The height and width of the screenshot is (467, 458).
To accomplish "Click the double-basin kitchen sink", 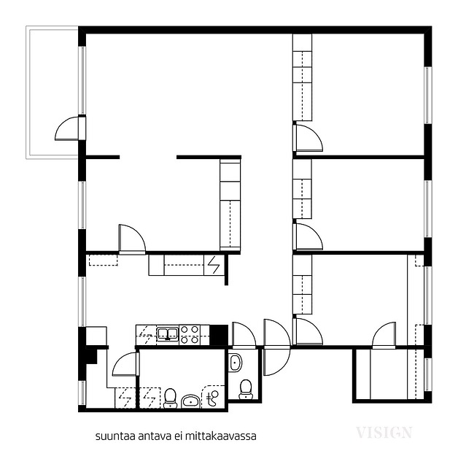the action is pos(168,333).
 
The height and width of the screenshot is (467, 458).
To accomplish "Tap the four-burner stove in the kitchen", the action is pos(190,335).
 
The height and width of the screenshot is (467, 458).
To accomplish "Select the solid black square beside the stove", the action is pos(219,335).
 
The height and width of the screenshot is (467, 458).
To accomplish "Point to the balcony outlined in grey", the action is pos(52,93).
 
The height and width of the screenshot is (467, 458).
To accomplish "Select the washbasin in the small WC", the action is pos(236,363).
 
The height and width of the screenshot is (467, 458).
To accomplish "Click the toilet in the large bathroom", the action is pos(170,398).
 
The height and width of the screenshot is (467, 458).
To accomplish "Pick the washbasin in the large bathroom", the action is pos(191,401).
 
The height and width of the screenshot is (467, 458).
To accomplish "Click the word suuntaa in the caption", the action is pos(112,436).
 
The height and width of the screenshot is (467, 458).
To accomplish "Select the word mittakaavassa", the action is pos(221,436).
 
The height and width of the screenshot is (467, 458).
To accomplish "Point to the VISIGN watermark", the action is pos(384,432).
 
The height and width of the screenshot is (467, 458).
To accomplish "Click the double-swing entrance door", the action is pos(276,347).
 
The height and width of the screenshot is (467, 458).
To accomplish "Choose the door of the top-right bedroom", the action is pos(308,138).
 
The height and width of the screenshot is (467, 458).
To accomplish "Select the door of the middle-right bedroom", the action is pos(308,236).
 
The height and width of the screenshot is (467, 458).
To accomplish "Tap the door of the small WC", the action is pos(244,335).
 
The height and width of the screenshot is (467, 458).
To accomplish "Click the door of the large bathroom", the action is pos(125,364).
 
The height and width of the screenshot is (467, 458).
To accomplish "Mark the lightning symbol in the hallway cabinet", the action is pos(214,265).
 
